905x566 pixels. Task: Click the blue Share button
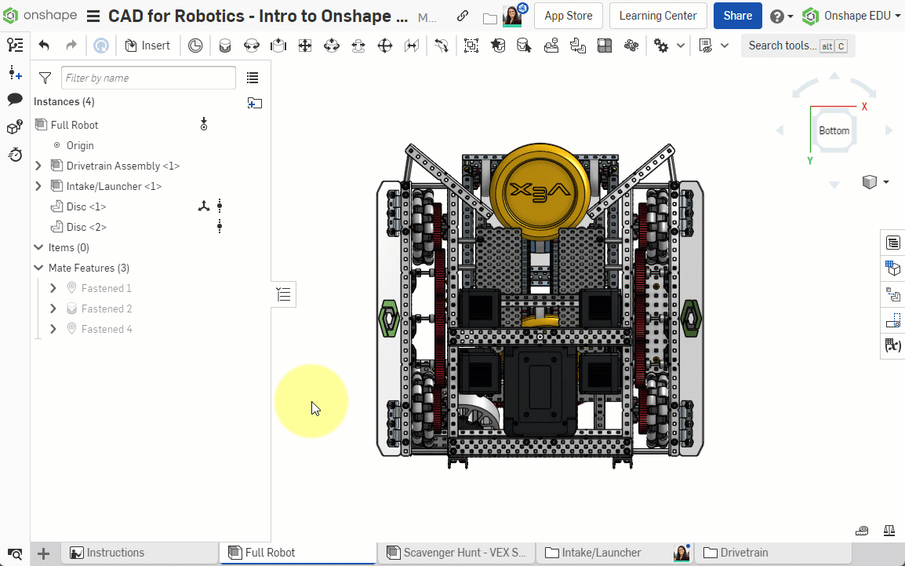(x=737, y=16)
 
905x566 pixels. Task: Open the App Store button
(x=569, y=16)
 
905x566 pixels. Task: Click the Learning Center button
(x=657, y=16)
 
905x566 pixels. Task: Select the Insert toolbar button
(x=147, y=46)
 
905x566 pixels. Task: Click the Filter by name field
(x=148, y=78)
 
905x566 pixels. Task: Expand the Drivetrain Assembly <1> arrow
(x=38, y=166)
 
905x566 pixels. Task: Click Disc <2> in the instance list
(x=86, y=227)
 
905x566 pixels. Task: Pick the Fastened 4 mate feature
(x=106, y=329)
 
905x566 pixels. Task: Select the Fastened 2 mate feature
(x=106, y=309)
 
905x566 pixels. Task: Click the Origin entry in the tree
(x=79, y=145)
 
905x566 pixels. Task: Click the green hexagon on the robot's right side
(x=690, y=318)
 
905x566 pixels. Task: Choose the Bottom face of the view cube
(x=834, y=130)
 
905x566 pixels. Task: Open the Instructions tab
(x=114, y=553)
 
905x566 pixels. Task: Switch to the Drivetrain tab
(x=743, y=553)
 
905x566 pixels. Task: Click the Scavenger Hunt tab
(x=464, y=553)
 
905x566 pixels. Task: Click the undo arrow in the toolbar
(x=44, y=46)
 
